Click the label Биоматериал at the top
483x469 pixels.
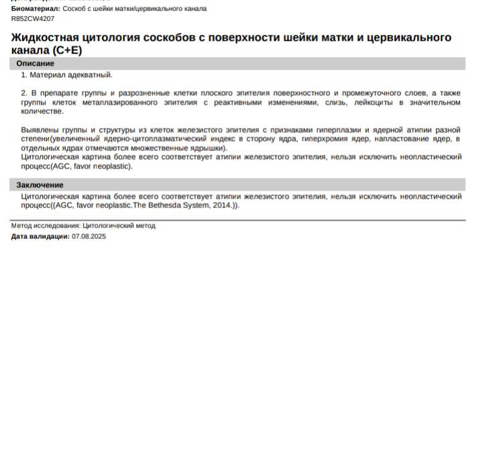coord(35,9)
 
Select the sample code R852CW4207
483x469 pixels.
coord(33,19)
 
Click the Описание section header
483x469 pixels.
coord(36,64)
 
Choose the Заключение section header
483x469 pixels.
coord(40,185)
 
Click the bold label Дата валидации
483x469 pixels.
coord(40,236)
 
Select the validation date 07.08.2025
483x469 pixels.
coord(89,236)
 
